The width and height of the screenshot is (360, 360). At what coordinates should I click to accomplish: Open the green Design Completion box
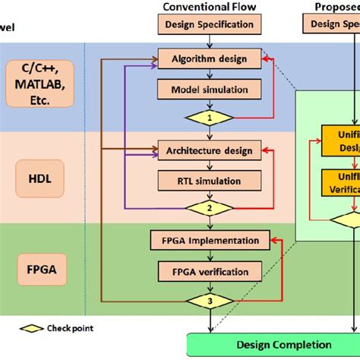273,344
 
